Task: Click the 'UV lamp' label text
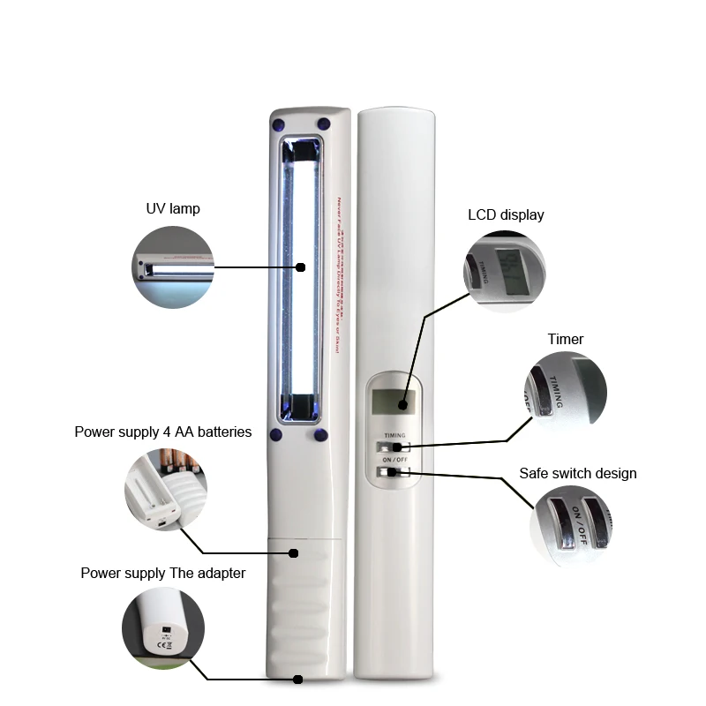(173, 209)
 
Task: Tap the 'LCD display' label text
(506, 214)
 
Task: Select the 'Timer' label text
(565, 339)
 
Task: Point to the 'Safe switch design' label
(577, 474)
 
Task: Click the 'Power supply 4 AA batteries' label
(163, 432)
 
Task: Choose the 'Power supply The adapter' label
(163, 573)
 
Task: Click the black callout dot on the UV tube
(300, 267)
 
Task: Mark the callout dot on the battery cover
(295, 553)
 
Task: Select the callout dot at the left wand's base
(297, 680)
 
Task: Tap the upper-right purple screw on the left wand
(324, 123)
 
